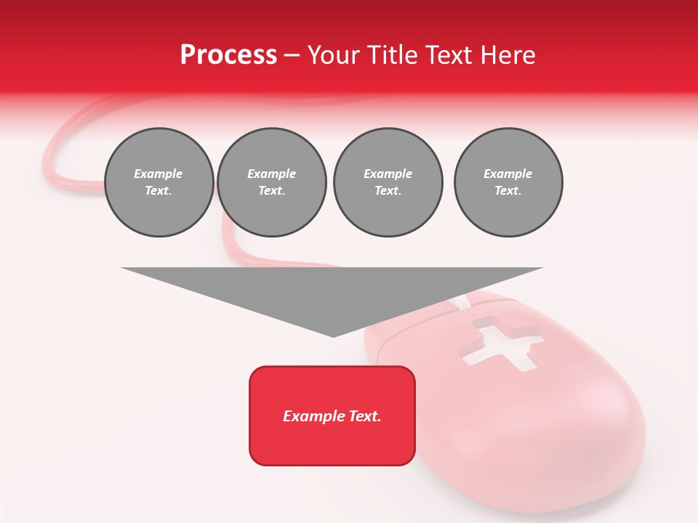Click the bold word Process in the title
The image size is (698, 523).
coord(228,55)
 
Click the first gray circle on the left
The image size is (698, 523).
coord(159,182)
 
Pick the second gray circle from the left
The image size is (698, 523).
coord(271,182)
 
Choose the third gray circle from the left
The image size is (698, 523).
coord(388,182)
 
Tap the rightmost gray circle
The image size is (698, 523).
coord(508,182)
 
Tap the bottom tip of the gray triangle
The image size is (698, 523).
coord(333,335)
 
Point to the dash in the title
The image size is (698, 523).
coord(292,55)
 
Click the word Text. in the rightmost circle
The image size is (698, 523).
coord(508,191)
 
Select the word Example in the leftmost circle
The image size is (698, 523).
coord(159,174)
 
